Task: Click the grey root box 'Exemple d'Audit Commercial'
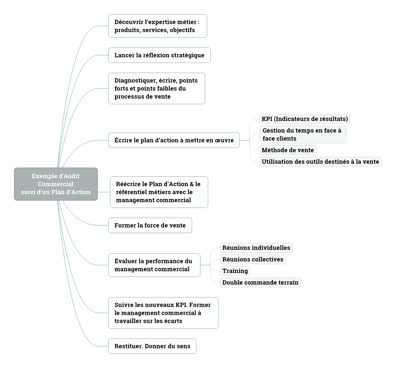[56, 184]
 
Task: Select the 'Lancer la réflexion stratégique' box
[159, 55]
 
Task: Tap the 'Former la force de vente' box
[150, 225]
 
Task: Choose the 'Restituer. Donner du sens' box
[152, 346]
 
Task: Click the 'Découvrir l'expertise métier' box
[158, 26]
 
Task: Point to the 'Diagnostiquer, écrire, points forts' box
[157, 88]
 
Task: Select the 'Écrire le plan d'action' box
[174, 140]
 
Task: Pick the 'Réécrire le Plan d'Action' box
[159, 192]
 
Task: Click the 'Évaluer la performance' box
[154, 265]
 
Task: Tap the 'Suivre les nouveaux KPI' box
[163, 313]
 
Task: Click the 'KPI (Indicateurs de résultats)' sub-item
[305, 119]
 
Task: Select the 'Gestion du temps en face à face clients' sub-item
[303, 134]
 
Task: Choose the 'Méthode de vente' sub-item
[288, 150]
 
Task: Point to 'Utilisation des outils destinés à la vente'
[320, 162]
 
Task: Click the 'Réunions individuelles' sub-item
[256, 248]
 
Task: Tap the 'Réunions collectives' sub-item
[253, 259]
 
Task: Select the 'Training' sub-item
[235, 271]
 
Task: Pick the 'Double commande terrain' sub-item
[260, 282]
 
